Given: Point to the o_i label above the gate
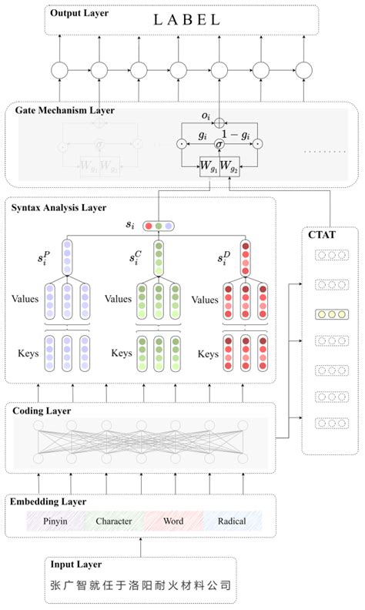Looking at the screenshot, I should pyautogui.click(x=206, y=116).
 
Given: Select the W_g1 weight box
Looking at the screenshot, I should pyautogui.click(x=209, y=166).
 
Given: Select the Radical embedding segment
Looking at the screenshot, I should pyautogui.click(x=231, y=521).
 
